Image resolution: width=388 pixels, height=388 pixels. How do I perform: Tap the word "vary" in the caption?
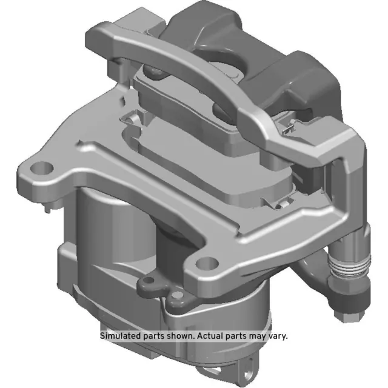(x=278, y=335)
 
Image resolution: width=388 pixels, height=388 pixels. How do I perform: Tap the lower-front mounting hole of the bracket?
(x=207, y=263)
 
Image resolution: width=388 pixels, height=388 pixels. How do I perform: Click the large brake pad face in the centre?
(x=206, y=164)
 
